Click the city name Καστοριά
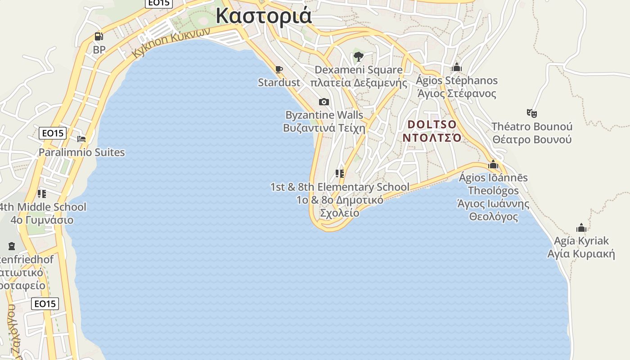(x=264, y=15)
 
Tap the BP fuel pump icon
(x=99, y=36)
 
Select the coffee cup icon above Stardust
(x=279, y=69)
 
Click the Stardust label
(x=279, y=82)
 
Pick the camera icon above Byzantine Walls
(x=324, y=102)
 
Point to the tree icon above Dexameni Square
(x=359, y=57)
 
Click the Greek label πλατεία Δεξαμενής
(x=359, y=83)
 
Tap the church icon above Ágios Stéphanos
(x=457, y=67)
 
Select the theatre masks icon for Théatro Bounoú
(x=532, y=113)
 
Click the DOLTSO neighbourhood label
(x=432, y=124)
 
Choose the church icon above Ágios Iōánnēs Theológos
(x=493, y=165)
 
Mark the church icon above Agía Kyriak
(x=581, y=228)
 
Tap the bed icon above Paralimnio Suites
(x=81, y=139)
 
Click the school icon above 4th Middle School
(x=42, y=194)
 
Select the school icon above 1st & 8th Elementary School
(x=340, y=174)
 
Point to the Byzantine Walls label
(x=324, y=115)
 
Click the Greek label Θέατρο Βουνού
(x=532, y=139)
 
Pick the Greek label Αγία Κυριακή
(x=581, y=254)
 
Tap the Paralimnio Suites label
(x=81, y=152)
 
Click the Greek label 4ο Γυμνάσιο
(x=42, y=220)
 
